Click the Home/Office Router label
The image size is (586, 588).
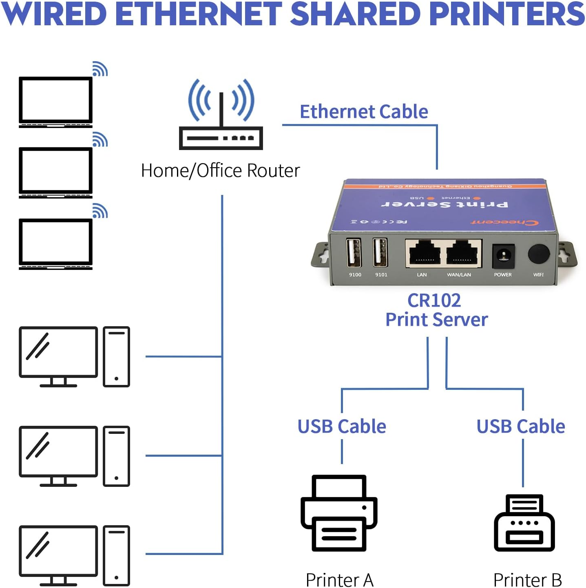point(220,170)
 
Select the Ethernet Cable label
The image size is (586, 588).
point(364,112)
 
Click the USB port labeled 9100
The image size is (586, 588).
point(354,253)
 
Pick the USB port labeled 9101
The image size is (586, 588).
point(380,253)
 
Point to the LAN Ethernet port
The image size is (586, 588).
point(424,254)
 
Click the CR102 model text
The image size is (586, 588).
point(434,301)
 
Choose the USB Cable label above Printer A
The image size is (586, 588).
point(342,427)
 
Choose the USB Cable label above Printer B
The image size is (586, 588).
point(521,427)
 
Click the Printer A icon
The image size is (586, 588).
point(339,513)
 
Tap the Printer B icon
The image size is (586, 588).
point(524,523)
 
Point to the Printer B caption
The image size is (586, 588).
point(527,579)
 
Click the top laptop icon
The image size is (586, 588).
point(56,102)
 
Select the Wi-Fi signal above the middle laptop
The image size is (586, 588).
point(100,140)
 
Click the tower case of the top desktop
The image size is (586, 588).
point(116,356)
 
